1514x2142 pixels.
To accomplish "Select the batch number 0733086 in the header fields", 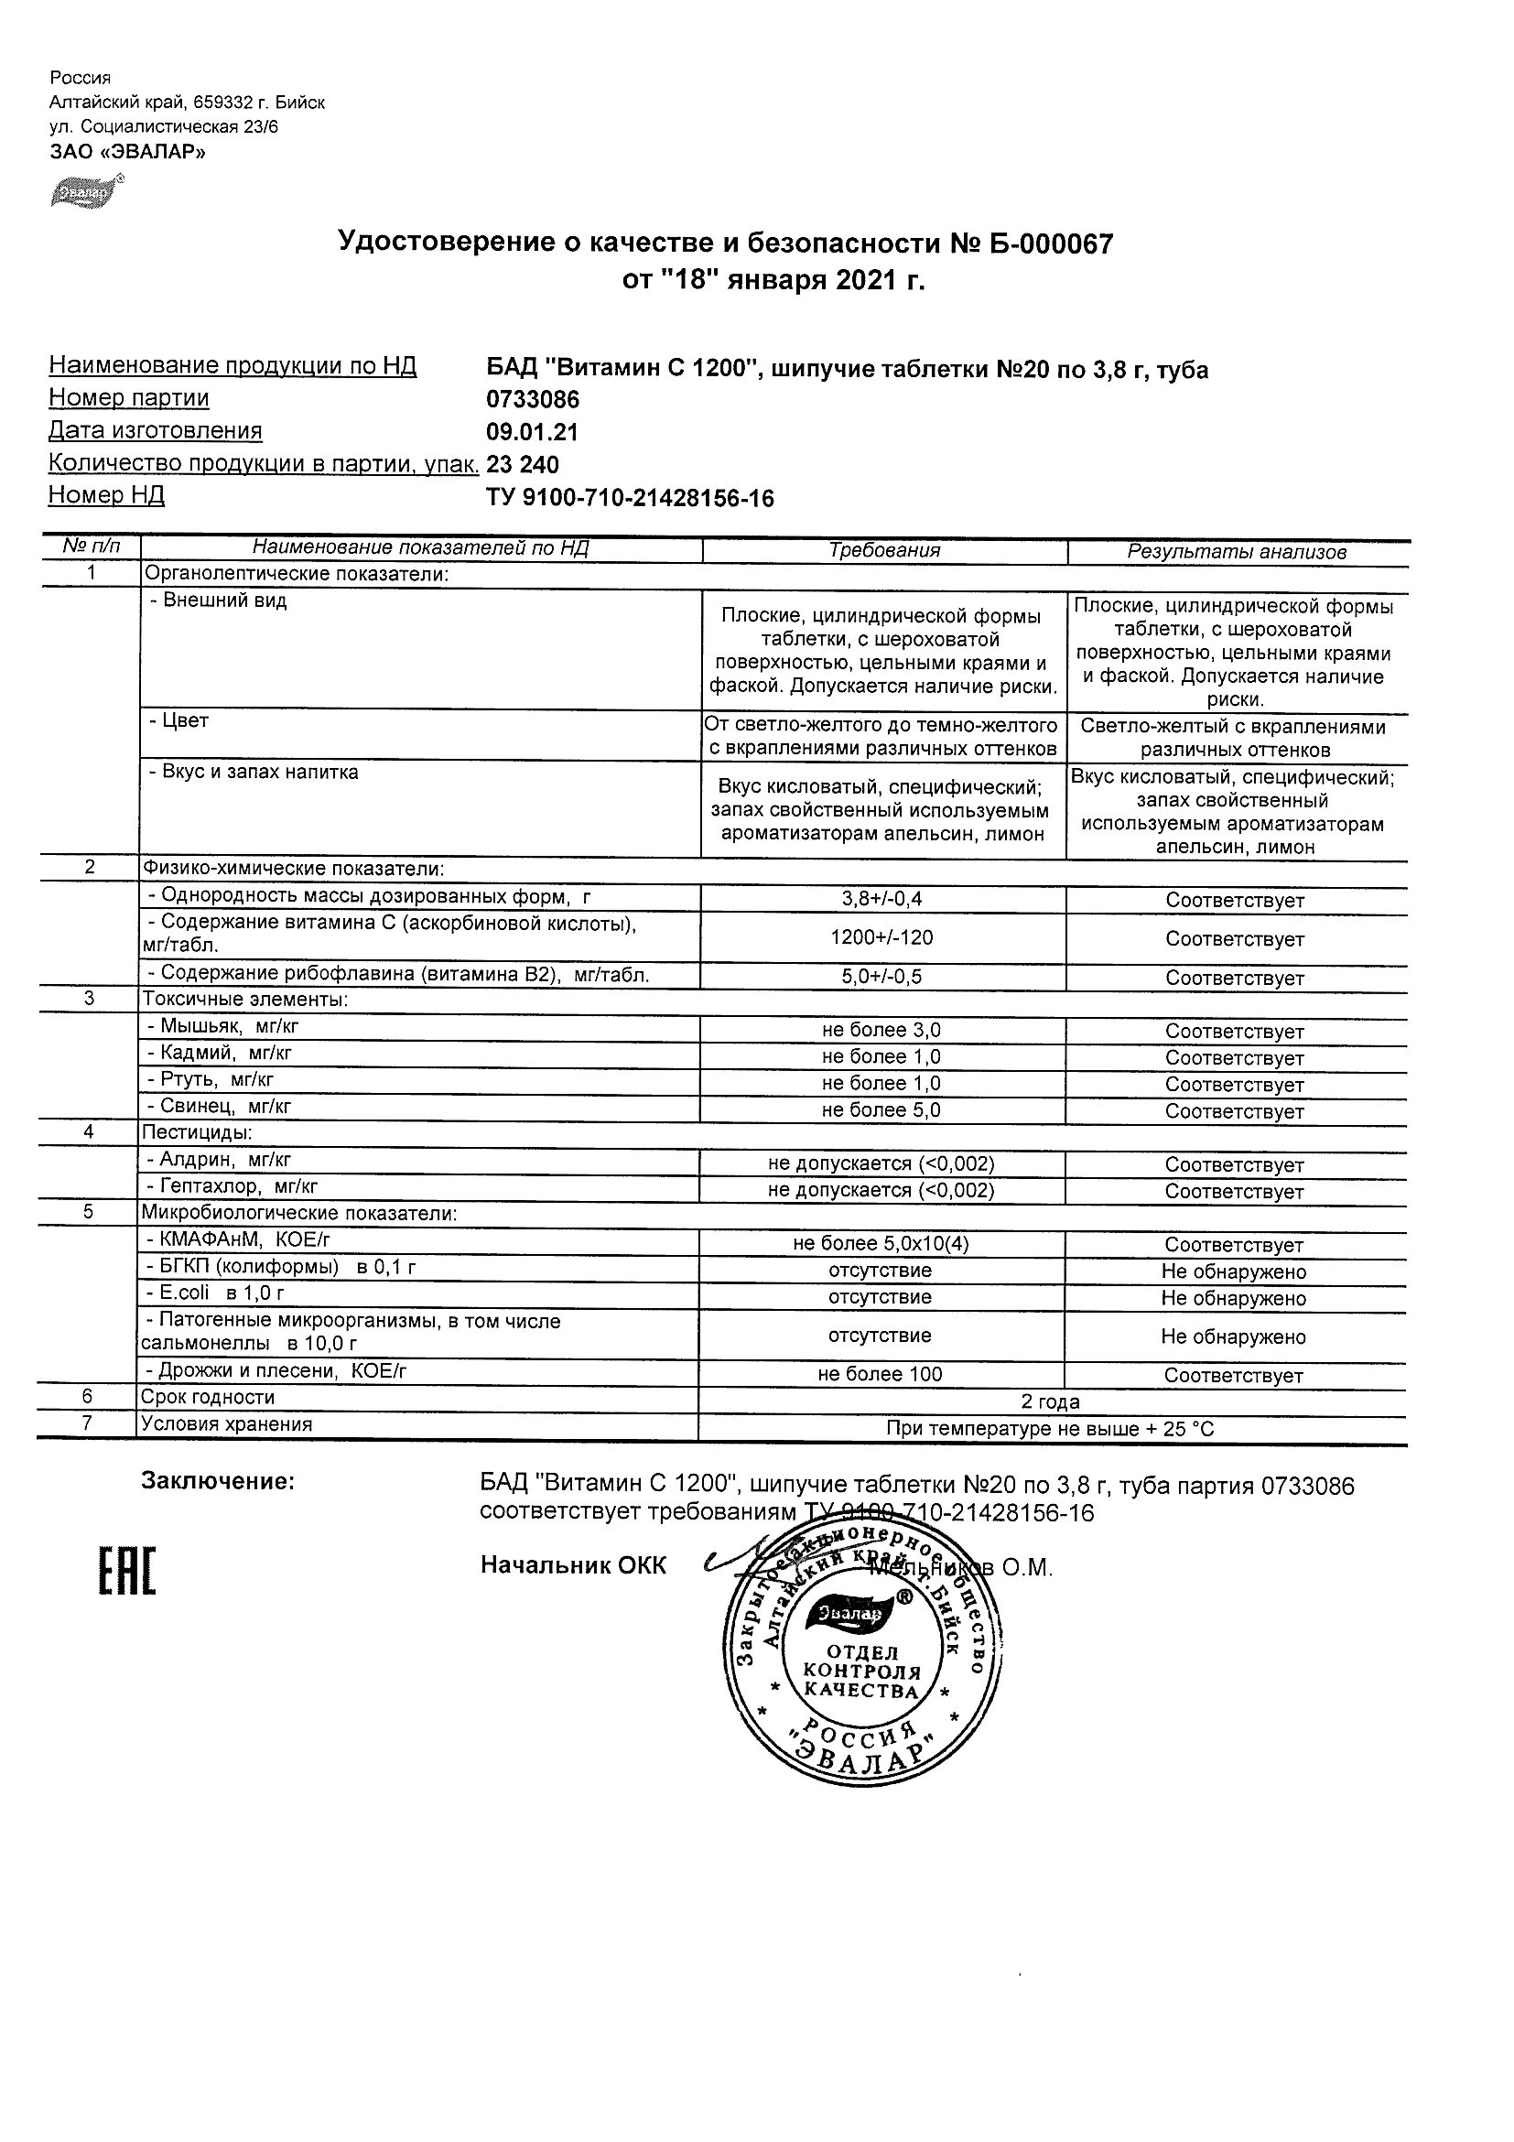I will click(533, 400).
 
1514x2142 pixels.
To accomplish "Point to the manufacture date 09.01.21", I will click(532, 432).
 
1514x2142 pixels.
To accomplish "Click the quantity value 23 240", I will click(523, 465).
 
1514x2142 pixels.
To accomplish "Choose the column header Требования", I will click(884, 550).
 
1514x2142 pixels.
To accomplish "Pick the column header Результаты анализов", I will click(1236, 551).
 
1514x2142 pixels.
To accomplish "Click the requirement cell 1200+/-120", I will click(881, 937).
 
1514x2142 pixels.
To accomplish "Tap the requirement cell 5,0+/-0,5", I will click(881, 977).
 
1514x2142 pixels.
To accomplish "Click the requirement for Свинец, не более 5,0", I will click(881, 1110).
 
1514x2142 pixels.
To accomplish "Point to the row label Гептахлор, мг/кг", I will click(233, 1186).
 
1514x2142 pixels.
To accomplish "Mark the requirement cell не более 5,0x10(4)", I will click(881, 1244).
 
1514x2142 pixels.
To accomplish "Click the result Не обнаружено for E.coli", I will click(1233, 1298).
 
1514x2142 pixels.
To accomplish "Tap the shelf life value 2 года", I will click(1051, 1401).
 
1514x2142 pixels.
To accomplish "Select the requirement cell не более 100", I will click(881, 1374).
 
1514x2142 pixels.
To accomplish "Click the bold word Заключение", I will click(217, 1480).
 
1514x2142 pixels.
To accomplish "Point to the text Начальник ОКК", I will click(573, 1565).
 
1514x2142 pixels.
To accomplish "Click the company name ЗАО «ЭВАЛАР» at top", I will click(127, 151).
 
